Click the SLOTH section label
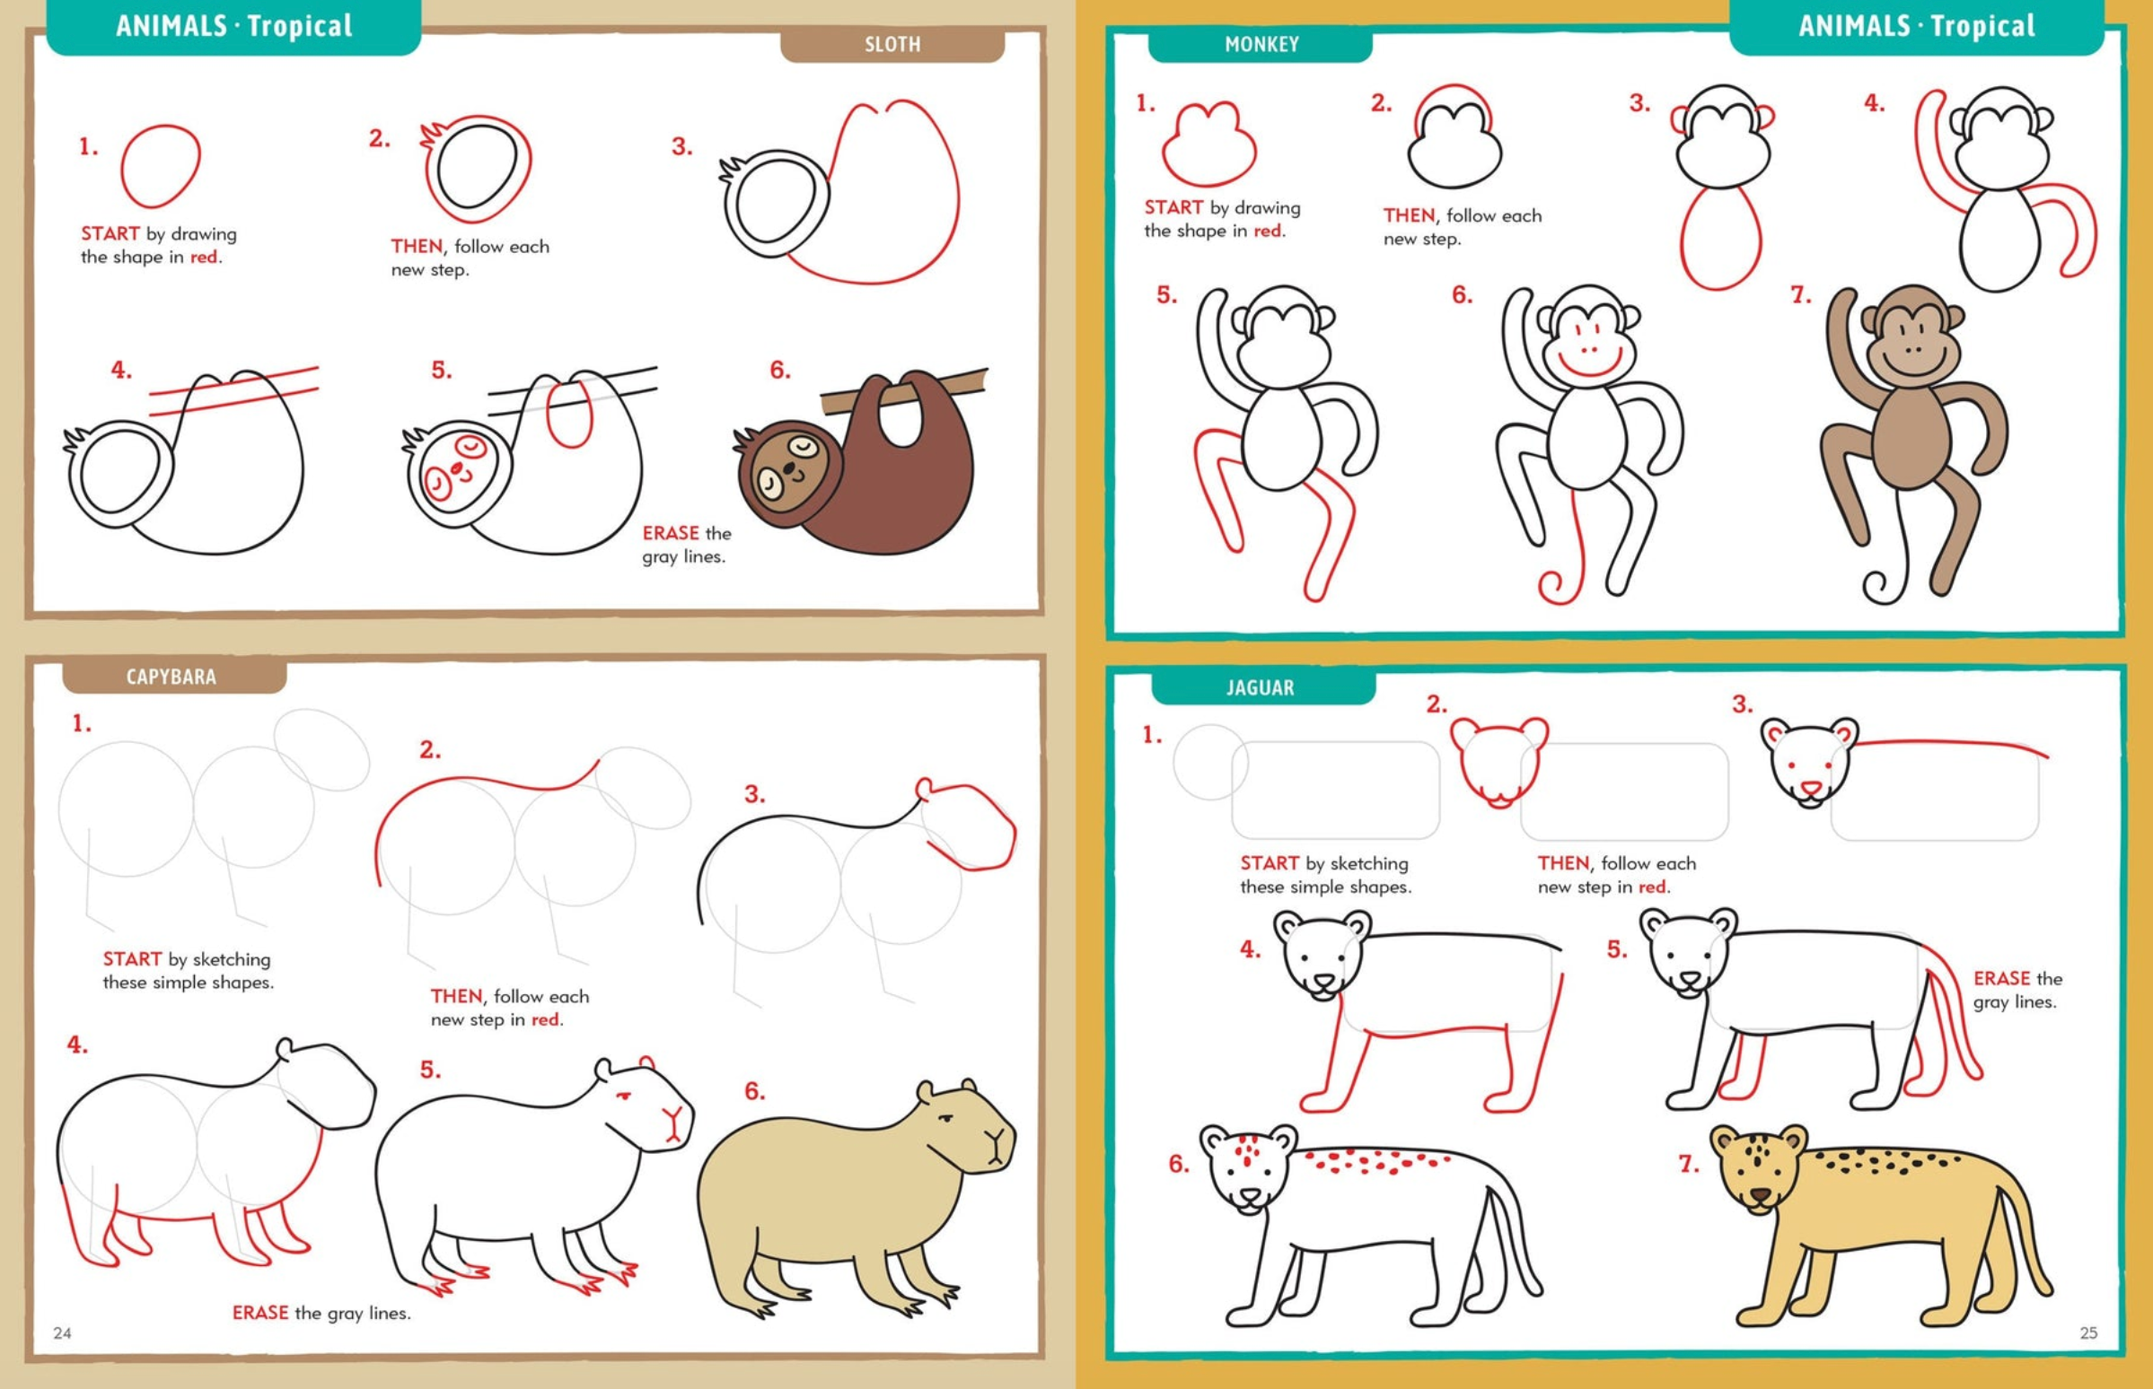(892, 44)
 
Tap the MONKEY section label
(1261, 44)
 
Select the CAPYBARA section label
(171, 677)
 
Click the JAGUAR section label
(1260, 688)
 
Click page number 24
(62, 1333)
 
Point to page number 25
(2088, 1332)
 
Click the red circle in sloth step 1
(161, 166)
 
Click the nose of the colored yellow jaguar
(1761, 1196)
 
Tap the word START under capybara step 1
(132, 959)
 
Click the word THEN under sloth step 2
(416, 246)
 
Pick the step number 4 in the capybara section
(77, 1045)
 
